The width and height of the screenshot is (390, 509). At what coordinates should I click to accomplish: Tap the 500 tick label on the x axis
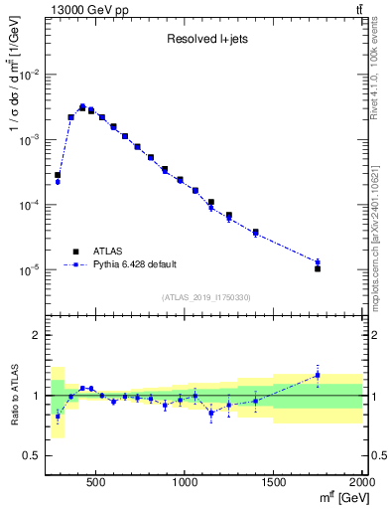97,480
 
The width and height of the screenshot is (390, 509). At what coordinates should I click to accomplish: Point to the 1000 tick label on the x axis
186,480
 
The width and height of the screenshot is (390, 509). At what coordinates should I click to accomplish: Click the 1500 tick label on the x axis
274,480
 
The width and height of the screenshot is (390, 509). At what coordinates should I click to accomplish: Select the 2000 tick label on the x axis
362,480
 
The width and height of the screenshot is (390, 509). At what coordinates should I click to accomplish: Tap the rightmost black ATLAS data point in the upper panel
318,268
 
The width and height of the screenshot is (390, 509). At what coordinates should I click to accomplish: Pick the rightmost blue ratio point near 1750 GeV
318,375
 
